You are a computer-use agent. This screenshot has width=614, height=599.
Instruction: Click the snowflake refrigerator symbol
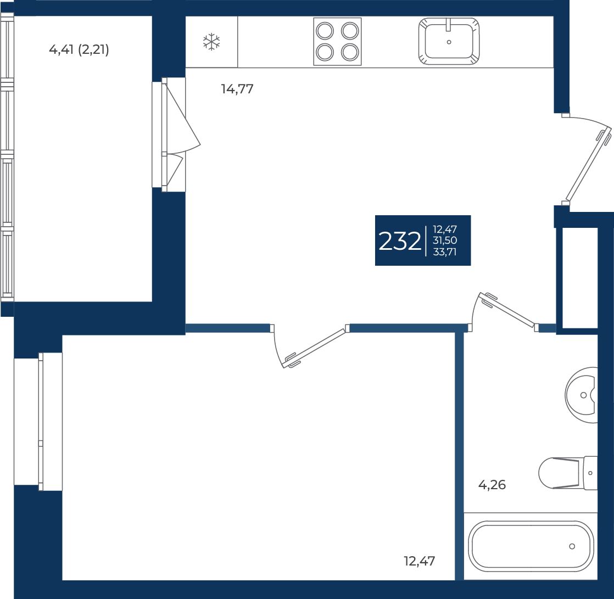(211, 42)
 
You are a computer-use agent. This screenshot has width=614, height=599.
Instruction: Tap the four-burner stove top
(337, 42)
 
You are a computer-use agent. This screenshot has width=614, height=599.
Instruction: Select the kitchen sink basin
(449, 41)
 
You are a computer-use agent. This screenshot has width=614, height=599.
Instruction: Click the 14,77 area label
(237, 89)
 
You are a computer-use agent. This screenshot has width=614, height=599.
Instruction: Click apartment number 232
(399, 241)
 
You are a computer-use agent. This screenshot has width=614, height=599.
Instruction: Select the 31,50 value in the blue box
(445, 240)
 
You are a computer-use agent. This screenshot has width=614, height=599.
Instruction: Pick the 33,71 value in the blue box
(445, 252)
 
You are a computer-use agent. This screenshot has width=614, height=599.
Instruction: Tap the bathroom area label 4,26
(492, 485)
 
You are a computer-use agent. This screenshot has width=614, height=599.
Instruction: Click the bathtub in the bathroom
(531, 546)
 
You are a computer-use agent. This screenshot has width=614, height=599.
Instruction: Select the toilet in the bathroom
(568, 473)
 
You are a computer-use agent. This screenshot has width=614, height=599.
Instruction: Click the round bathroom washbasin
(581, 395)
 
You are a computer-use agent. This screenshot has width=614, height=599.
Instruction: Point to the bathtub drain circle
(572, 546)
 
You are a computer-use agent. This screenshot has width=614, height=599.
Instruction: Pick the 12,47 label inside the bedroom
(420, 562)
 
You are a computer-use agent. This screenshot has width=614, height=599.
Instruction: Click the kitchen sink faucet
(449, 24)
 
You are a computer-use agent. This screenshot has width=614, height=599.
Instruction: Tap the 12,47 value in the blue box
(445, 229)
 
